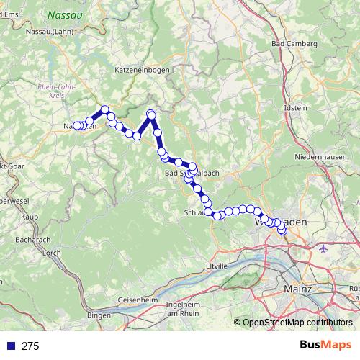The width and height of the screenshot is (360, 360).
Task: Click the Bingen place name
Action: (99, 315)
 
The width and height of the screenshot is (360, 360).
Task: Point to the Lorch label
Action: (52, 253)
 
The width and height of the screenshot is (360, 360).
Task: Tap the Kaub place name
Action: (30, 215)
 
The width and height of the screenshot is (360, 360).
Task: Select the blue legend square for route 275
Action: (11, 346)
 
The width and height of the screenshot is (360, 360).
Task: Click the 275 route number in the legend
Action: (30, 346)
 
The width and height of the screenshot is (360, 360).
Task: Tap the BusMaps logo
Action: (325, 346)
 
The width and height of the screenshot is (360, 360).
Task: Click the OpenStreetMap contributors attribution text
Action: (297, 323)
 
